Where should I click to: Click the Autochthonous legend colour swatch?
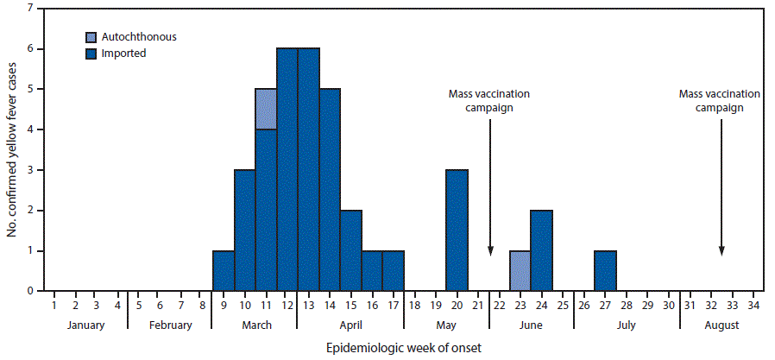click(91, 38)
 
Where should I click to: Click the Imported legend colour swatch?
click(91, 54)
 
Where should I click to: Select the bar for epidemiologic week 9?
click(223, 270)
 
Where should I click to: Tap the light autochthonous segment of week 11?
click(265, 109)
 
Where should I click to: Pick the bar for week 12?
click(287, 169)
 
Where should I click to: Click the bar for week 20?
click(457, 230)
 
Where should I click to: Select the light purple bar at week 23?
click(520, 270)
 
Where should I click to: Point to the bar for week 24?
click(541, 250)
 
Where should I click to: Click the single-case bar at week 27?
click(605, 270)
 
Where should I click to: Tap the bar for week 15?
click(350, 250)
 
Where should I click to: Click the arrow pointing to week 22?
click(489, 186)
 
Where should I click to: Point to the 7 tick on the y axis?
click(31, 9)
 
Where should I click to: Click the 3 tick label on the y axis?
click(31, 170)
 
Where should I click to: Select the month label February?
click(169, 325)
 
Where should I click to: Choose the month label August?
click(721, 325)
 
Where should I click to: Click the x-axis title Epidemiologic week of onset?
click(403, 349)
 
